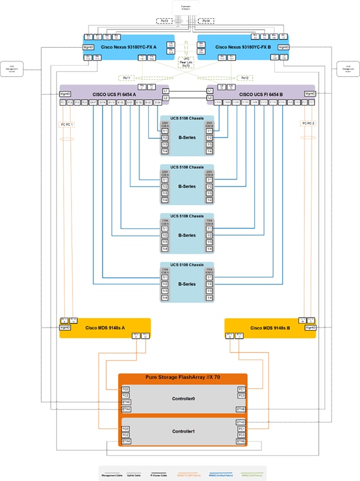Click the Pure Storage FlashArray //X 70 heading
182,377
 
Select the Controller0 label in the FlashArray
183,399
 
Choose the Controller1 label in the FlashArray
183,431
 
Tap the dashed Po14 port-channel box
205,21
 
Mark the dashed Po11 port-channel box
126,77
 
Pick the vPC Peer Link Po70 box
186,61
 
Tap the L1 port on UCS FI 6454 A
166,90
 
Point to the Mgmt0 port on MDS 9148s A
65,328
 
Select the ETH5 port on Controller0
241,409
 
